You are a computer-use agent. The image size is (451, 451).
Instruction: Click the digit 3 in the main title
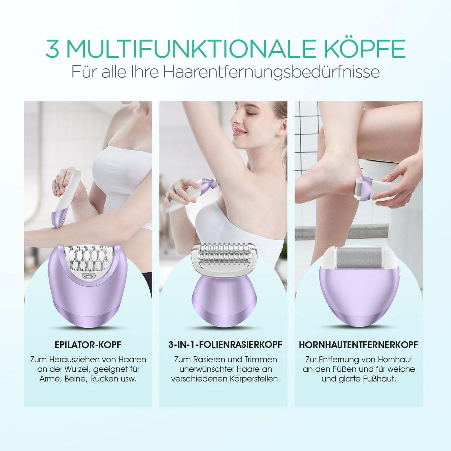point(53,49)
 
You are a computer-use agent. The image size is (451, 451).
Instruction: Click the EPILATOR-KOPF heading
point(88,345)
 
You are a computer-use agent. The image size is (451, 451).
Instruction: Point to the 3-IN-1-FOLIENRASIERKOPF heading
point(225,345)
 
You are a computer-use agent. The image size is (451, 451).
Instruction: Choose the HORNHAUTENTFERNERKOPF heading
point(359,345)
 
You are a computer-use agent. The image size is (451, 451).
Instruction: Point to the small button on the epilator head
point(88,276)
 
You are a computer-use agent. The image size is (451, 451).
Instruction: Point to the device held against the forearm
point(67,199)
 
